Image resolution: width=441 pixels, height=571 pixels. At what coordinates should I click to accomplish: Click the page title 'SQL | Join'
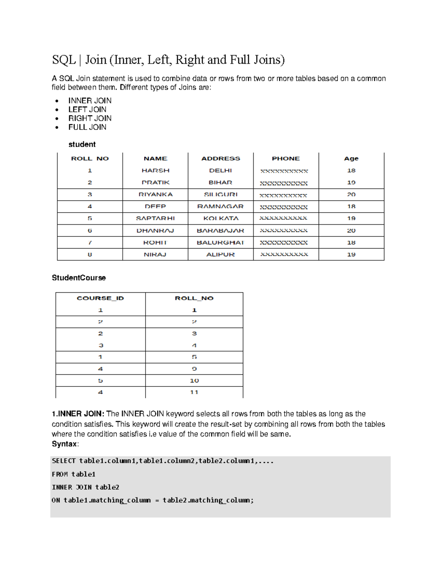click(168, 60)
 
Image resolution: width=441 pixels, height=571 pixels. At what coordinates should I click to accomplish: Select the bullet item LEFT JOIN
click(87, 110)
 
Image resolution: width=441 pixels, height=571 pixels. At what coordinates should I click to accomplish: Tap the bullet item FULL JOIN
click(87, 127)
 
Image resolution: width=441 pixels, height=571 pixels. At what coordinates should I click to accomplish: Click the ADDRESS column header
click(220, 158)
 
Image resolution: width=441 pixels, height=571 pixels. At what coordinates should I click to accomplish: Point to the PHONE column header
click(286, 158)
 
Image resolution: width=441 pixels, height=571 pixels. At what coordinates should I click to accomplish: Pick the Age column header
click(351, 158)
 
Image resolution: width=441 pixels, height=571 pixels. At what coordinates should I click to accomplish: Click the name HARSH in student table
click(155, 171)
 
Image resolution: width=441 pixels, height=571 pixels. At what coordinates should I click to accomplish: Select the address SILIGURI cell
click(220, 195)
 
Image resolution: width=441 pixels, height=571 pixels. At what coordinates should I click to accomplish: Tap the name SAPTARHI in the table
click(155, 218)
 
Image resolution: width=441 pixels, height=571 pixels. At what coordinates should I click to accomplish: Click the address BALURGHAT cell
click(220, 243)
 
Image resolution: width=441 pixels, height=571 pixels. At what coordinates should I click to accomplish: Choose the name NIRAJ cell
click(155, 254)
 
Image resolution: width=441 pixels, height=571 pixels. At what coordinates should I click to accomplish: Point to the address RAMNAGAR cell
click(220, 207)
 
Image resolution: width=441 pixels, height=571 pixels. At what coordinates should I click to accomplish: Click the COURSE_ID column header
click(100, 298)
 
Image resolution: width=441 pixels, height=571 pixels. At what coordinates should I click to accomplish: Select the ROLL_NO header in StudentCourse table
click(194, 298)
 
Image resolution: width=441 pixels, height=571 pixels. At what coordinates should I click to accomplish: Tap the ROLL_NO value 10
click(194, 381)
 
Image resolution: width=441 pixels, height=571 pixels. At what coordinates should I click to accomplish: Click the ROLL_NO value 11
click(194, 392)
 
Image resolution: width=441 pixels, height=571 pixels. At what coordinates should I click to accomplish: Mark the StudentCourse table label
click(79, 278)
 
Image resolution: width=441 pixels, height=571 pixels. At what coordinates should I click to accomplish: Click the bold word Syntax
click(64, 444)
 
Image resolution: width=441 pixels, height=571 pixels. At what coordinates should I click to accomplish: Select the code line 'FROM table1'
click(73, 474)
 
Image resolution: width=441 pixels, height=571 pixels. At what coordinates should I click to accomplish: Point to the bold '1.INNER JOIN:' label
click(78, 414)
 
